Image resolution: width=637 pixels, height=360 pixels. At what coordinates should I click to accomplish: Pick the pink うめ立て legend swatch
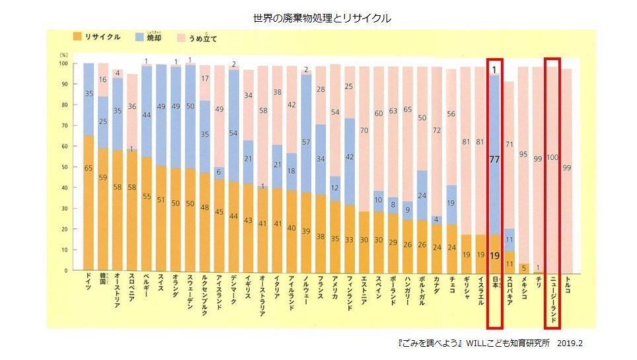[182, 38]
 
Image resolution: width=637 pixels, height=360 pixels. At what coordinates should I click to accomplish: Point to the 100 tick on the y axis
[63, 64]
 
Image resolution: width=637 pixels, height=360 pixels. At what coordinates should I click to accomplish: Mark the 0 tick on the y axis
[66, 271]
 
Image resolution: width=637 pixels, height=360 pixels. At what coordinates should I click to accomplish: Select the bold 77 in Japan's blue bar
[494, 159]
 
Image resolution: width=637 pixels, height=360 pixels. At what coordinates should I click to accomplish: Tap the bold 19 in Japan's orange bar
[494, 255]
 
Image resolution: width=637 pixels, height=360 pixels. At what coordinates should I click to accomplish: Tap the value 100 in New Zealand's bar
[552, 157]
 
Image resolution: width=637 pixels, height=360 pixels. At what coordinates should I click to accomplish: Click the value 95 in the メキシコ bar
[523, 155]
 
